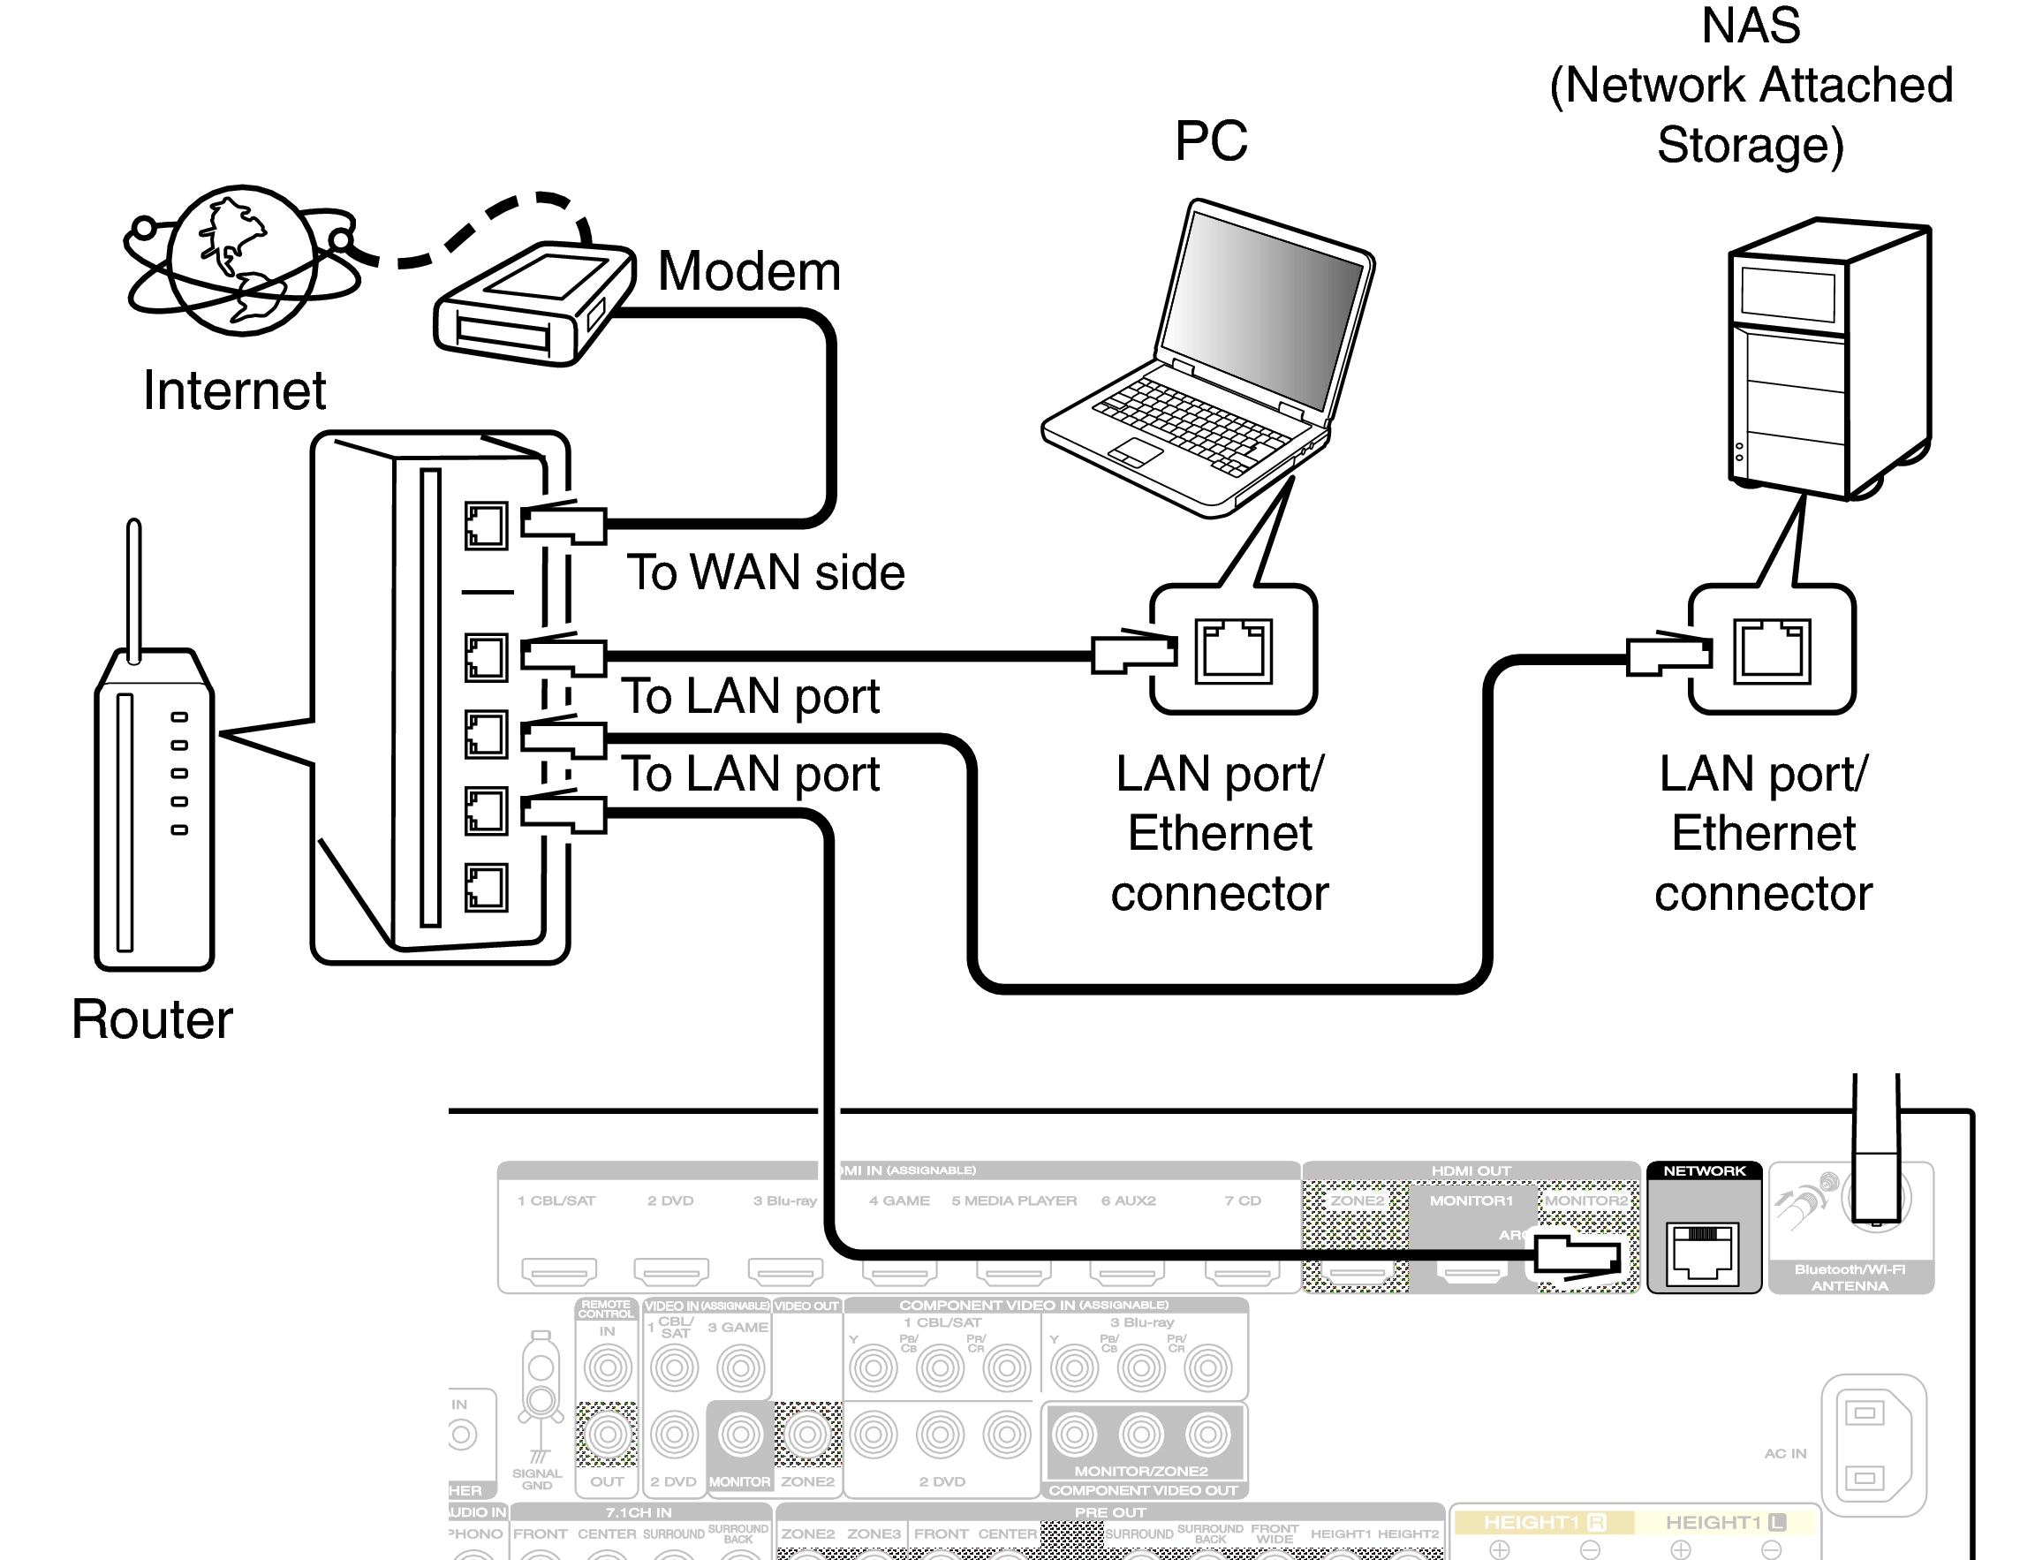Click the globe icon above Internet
point(243,261)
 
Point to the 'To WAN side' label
point(765,572)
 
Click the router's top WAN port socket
point(486,526)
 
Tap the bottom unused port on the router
point(486,887)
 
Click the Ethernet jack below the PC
point(1233,651)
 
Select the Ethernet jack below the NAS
point(1771,651)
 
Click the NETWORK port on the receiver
point(1703,1253)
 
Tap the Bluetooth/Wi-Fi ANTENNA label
point(1850,1277)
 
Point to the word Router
point(151,1019)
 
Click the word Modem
point(748,271)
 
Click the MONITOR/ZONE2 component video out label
point(1141,1471)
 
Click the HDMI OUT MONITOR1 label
point(1471,1200)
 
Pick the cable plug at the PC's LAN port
point(1132,652)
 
